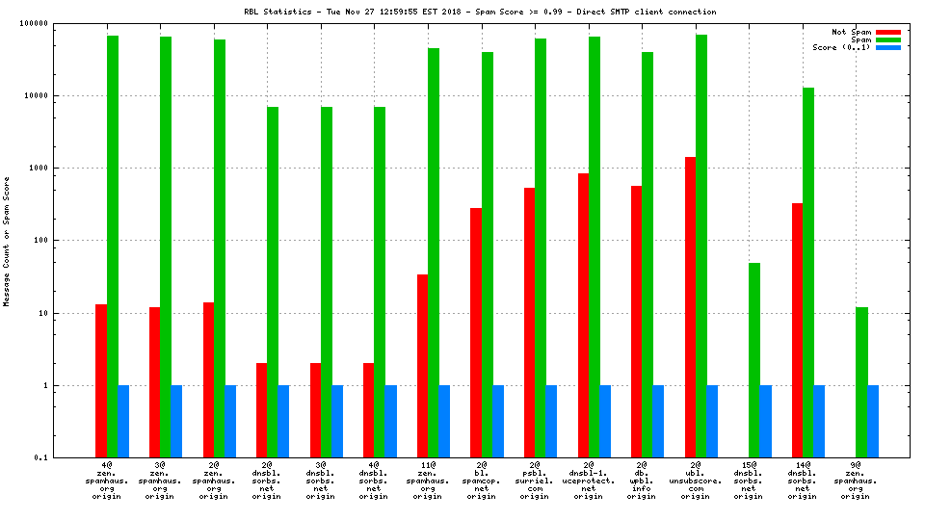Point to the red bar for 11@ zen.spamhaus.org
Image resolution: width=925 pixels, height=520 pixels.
[x=422, y=365]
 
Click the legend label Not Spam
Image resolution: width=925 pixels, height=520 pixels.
[x=852, y=32]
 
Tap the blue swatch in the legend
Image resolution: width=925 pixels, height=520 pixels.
[x=887, y=47]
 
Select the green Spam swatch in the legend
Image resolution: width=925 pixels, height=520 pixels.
[x=887, y=39]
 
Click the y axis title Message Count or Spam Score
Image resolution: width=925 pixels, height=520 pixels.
[x=7, y=241]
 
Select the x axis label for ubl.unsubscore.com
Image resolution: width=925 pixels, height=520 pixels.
[x=696, y=481]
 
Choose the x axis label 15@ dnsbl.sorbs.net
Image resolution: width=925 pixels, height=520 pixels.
[x=749, y=481]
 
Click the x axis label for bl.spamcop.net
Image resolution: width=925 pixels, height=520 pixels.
[x=482, y=481]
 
